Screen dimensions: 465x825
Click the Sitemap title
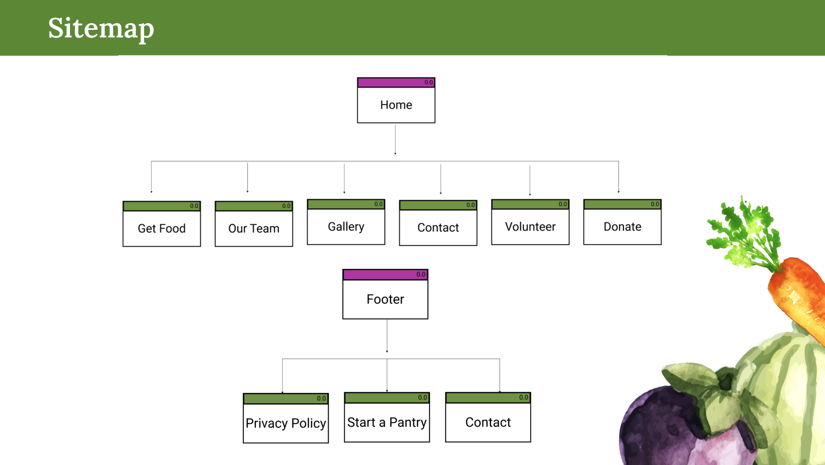(x=101, y=28)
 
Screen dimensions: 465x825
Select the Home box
(x=396, y=105)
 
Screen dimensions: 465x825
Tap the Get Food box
(x=162, y=228)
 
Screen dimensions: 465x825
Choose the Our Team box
(x=254, y=228)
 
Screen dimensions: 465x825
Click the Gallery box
(x=346, y=226)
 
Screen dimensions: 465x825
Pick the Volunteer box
(x=530, y=226)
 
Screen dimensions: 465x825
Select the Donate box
(x=622, y=226)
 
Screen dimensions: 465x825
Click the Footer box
(x=385, y=299)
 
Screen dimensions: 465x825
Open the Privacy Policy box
(x=286, y=423)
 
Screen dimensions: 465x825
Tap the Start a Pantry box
(x=387, y=422)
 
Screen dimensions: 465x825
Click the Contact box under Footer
(x=488, y=422)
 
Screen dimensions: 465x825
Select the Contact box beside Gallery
(x=438, y=227)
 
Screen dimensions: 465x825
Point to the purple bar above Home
(x=389, y=83)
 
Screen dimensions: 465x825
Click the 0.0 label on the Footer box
(x=421, y=274)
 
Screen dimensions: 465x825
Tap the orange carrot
(x=799, y=297)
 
